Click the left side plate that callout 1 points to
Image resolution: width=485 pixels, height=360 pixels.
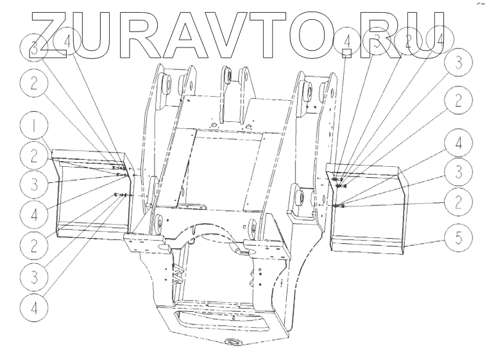pyautogui.click(x=90, y=193)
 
